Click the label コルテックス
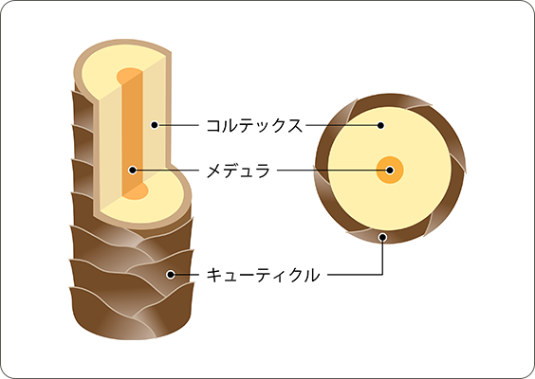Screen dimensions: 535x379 pos(254,125)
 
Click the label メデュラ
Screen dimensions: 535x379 pos(238,170)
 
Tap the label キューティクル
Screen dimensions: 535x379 pos(263,275)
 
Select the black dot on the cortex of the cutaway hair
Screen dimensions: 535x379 pos(155,125)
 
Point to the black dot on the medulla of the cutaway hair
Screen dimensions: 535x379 pos(133,170)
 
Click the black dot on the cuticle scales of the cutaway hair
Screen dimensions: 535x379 pos(170,275)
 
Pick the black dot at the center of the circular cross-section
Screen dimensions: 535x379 pos(390,170)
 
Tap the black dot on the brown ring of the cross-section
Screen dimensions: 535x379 pos(383,237)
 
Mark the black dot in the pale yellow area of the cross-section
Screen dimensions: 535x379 pos(380,125)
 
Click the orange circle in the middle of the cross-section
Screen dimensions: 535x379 pos(390,170)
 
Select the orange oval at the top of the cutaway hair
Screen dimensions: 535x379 pos(130,76)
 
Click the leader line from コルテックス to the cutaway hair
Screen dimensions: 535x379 pos(178,125)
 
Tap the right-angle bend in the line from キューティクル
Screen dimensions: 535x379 pos(382,275)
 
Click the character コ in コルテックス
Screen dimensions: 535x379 pos(214,126)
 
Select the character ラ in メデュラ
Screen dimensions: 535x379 pos(263,171)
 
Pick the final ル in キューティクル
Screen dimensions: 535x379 pos(311,275)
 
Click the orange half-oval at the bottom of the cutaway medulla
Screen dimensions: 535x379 pos(136,192)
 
